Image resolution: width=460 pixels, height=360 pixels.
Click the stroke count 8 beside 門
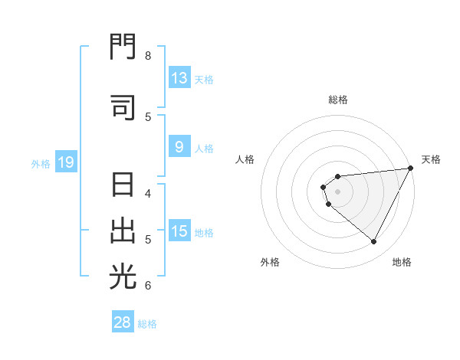click(x=147, y=56)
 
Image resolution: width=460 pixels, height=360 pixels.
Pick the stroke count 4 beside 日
click(x=147, y=193)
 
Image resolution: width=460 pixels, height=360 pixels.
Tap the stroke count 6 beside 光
click(x=147, y=286)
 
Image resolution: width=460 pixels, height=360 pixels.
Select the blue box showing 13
click(x=179, y=78)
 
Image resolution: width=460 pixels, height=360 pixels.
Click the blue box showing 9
click(x=179, y=147)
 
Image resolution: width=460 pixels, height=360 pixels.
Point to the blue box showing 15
click(x=179, y=231)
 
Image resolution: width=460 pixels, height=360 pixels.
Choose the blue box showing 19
click(x=66, y=162)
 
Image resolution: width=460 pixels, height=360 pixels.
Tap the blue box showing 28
click(x=123, y=323)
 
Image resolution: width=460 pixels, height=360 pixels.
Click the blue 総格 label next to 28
click(x=148, y=324)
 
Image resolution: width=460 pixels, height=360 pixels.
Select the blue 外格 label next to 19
click(x=41, y=163)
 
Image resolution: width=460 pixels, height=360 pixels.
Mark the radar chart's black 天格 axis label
click(x=431, y=159)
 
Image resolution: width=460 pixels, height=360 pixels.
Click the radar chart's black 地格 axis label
click(x=402, y=262)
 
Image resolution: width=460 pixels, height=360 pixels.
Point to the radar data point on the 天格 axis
click(x=411, y=169)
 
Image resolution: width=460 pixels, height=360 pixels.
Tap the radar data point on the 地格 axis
click(x=374, y=242)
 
